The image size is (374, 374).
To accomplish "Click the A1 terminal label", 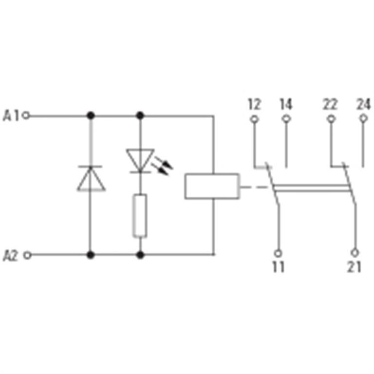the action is [11, 116].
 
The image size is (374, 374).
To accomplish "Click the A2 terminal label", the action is [11, 256].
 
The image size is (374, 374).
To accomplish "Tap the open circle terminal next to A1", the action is [26, 116].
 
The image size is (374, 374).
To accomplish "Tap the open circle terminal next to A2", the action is [28, 256].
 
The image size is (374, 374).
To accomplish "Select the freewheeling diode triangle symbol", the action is [91, 178].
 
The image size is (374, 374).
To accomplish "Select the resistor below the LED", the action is [140, 216].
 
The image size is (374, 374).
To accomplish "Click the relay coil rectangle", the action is [212, 186].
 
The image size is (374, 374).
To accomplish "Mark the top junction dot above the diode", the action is [91, 116].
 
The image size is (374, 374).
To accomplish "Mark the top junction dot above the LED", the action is [140, 116].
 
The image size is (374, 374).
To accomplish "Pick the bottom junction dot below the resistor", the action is [140, 255].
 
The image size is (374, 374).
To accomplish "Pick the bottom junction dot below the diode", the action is [91, 255].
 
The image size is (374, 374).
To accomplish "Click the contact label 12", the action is [255, 104].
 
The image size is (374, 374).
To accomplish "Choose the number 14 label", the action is [286, 104].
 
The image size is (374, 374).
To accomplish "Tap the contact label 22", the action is [330, 104].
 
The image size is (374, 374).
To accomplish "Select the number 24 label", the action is [363, 104].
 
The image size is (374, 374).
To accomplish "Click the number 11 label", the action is [279, 267].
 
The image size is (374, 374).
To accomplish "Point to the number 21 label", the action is [354, 267].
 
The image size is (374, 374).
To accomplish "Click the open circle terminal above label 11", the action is [278, 253].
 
